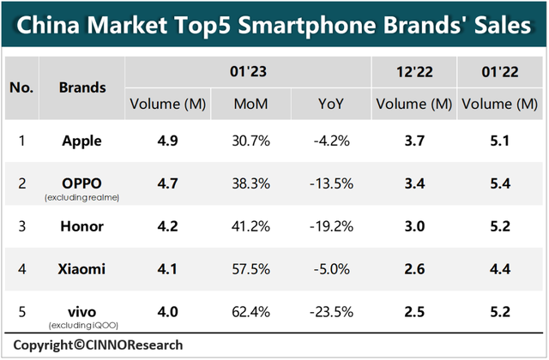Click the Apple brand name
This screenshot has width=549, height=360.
point(82,141)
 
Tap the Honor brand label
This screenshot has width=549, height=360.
point(82,227)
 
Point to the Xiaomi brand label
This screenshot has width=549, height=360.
point(82,270)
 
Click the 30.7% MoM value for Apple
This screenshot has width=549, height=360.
point(249,141)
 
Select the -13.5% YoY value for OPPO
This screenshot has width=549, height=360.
point(334,183)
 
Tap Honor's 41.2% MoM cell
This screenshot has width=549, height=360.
point(249,227)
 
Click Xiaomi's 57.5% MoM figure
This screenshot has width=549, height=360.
point(249,270)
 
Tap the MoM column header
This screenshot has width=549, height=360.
point(249,105)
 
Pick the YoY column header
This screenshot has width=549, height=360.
point(334,105)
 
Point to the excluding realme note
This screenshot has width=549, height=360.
point(82,198)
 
